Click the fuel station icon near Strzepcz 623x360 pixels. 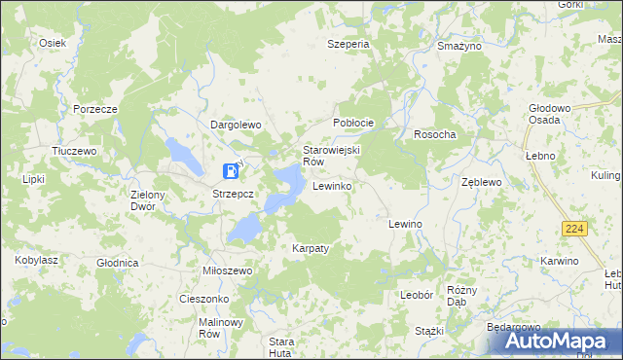[x=231, y=171]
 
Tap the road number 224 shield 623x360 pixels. [x=572, y=227]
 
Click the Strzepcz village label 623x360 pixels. [x=233, y=194]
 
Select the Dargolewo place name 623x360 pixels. [x=237, y=125]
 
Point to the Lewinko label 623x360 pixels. [x=332, y=185]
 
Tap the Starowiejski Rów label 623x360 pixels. [x=332, y=156]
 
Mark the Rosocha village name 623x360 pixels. [x=434, y=134]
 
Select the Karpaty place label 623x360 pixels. [x=311, y=248]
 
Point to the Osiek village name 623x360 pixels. [x=52, y=43]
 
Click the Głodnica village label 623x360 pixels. [x=118, y=263]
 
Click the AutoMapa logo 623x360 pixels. [x=552, y=342]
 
